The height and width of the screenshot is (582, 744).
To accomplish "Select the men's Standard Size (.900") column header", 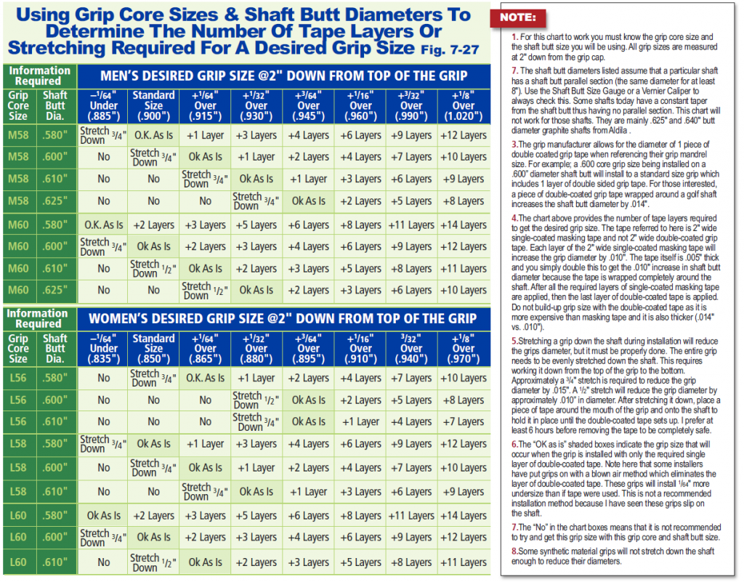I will pos(153,105).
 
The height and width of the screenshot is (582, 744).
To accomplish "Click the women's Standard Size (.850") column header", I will pos(153,348).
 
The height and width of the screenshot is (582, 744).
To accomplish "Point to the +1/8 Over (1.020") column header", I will pos(464,105).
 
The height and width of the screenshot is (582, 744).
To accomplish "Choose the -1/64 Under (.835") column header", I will pos(103,348).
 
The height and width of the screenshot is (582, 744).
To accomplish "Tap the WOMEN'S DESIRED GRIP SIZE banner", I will pos(283,318).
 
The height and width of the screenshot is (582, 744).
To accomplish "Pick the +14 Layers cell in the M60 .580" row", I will pos(464,225).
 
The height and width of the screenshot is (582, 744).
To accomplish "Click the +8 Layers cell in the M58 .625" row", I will pos(464,201).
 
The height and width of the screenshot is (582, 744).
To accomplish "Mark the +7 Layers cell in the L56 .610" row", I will pos(464,421).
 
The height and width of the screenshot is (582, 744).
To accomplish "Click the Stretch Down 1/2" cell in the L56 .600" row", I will pos(256,400).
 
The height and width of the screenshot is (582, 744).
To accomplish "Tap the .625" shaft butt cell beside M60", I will pos(54,290).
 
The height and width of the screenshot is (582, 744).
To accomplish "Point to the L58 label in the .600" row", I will pos(18,468).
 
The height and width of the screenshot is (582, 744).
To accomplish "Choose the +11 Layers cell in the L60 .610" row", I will pos(464,562).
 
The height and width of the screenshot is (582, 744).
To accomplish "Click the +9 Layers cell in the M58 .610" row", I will pos(464,179).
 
